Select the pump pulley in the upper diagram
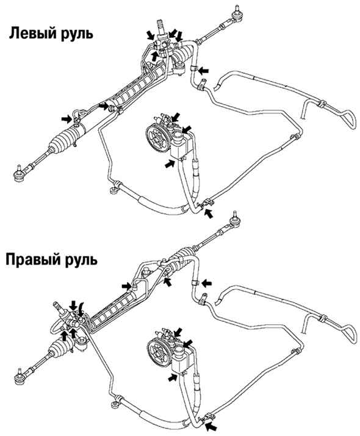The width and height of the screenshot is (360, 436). click(x=158, y=140)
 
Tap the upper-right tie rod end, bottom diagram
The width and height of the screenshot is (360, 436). click(x=236, y=220)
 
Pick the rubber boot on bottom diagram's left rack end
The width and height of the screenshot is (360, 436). click(x=59, y=348)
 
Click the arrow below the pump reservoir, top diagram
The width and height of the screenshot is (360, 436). click(x=170, y=163)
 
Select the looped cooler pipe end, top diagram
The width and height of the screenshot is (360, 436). click(x=348, y=119)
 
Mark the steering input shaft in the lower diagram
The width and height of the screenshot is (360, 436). click(x=59, y=307)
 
